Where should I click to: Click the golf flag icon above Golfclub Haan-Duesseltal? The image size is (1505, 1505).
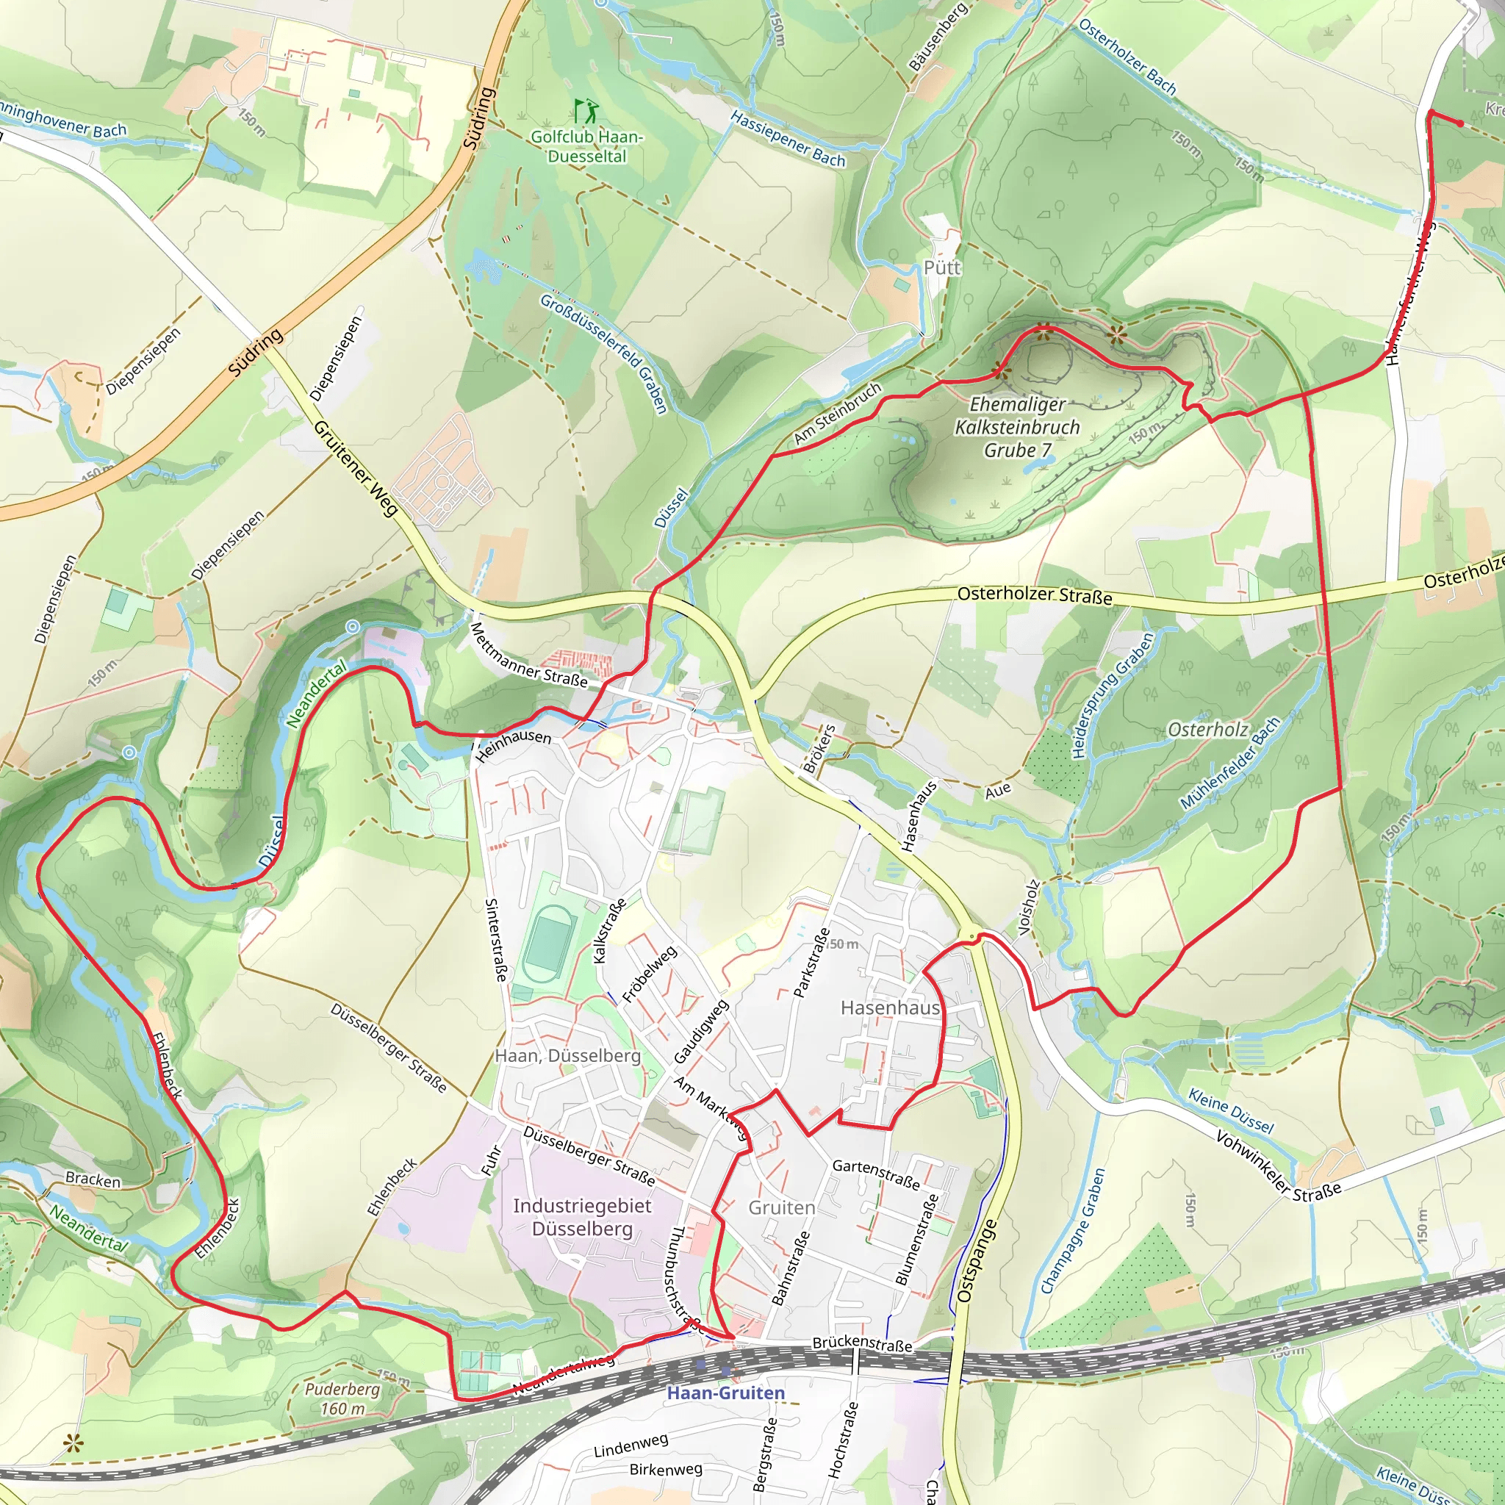pyautogui.click(x=586, y=111)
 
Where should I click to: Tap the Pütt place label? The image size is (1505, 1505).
pyautogui.click(x=942, y=268)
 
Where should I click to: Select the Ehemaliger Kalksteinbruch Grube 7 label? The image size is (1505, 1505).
pyautogui.click(x=1016, y=427)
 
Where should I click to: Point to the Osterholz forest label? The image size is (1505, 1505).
pyautogui.click(x=1207, y=729)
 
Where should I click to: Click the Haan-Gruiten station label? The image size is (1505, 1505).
pyautogui.click(x=725, y=1393)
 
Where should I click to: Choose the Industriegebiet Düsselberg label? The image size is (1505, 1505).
pyautogui.click(x=582, y=1217)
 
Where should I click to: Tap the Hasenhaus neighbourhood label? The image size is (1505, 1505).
pyautogui.click(x=890, y=1007)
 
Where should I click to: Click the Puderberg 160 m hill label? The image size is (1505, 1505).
pyautogui.click(x=342, y=1398)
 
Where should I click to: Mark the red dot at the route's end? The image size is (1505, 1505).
pyautogui.click(x=1460, y=123)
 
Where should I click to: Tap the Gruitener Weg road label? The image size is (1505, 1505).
pyautogui.click(x=356, y=468)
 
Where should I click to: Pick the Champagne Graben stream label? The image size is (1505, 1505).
pyautogui.click(x=1073, y=1232)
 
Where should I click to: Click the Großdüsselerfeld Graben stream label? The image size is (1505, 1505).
pyautogui.click(x=604, y=353)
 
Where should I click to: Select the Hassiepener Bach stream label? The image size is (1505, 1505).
pyautogui.click(x=788, y=139)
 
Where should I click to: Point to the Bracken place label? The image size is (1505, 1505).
pyautogui.click(x=93, y=1179)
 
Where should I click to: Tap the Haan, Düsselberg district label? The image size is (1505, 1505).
pyautogui.click(x=567, y=1055)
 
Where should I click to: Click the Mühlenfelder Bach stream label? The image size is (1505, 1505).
pyautogui.click(x=1230, y=764)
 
